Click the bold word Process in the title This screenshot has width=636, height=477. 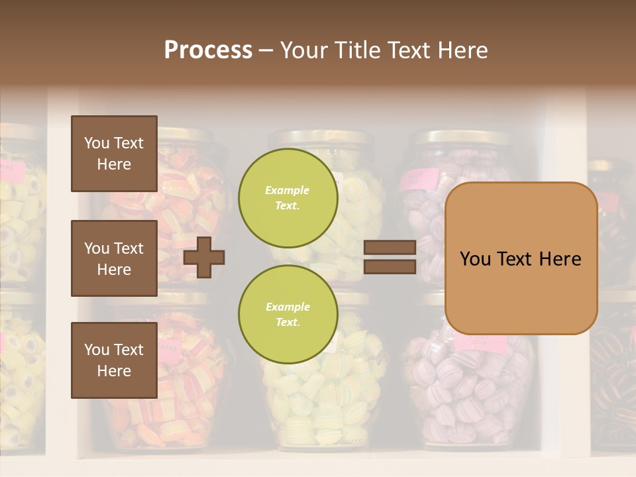208,50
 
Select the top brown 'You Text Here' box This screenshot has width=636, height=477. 114,154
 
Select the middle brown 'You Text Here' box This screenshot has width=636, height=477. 114,258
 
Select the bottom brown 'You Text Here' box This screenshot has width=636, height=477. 114,360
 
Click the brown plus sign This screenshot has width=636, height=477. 204,257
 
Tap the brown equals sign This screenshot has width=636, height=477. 390,257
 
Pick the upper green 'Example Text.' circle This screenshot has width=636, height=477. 288,197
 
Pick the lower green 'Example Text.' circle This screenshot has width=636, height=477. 288,314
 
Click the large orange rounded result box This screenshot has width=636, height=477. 521,258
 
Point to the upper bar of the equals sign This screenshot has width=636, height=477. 390,248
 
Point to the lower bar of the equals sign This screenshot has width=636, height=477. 390,266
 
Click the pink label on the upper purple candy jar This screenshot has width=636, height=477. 420,178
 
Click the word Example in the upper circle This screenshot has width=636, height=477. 288,190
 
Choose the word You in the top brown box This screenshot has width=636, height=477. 96,143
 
